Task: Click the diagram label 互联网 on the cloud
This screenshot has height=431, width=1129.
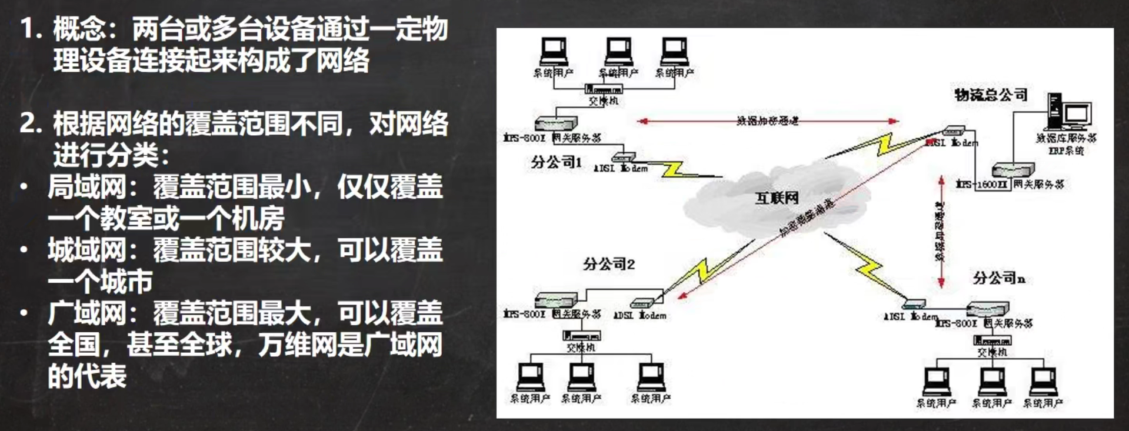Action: (x=777, y=198)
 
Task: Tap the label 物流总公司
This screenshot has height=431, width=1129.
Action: (x=991, y=94)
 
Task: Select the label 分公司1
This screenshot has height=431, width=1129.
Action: (x=556, y=162)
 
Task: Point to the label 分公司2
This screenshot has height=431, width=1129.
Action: (x=609, y=264)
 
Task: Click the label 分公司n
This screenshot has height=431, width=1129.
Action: (x=998, y=278)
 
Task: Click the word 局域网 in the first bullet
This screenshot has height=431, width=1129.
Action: (x=87, y=188)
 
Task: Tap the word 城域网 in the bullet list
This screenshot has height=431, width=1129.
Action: (x=87, y=250)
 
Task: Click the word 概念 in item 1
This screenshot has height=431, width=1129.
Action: (x=79, y=29)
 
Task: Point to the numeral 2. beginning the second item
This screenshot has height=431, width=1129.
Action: (x=31, y=123)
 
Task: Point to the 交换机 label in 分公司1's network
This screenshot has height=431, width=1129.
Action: (x=603, y=101)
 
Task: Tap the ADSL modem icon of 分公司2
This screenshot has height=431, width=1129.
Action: (x=642, y=303)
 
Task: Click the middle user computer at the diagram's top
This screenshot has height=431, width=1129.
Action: (x=619, y=52)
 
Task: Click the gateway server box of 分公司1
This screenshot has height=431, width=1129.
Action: (x=555, y=123)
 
